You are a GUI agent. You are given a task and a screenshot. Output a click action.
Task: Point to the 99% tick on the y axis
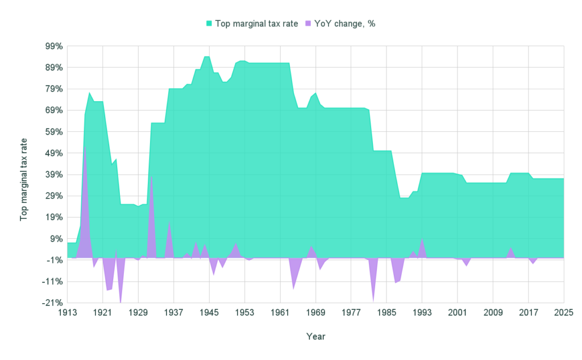click(x=54, y=46)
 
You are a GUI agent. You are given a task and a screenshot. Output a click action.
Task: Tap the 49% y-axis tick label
click(x=54, y=153)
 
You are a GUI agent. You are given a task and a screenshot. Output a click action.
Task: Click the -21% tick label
click(x=53, y=303)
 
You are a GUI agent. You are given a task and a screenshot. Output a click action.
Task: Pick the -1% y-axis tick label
click(x=54, y=260)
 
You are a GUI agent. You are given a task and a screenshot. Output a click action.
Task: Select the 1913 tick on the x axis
click(x=67, y=312)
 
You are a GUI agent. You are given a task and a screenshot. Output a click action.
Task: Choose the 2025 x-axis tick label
click(x=563, y=312)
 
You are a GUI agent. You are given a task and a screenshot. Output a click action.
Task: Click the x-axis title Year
click(x=315, y=336)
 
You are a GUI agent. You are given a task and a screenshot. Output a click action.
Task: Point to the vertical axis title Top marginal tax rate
click(x=24, y=179)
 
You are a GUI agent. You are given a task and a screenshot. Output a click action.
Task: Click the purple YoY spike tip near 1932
click(x=151, y=175)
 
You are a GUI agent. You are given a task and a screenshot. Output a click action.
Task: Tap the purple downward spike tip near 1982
click(x=373, y=301)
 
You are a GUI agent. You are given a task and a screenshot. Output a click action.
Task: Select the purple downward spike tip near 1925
click(x=120, y=302)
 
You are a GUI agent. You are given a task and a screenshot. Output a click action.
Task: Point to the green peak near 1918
click(x=89, y=93)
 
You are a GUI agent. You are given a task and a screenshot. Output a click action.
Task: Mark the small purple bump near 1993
click(x=422, y=239)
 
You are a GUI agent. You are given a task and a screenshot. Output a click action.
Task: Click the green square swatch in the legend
click(x=209, y=24)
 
